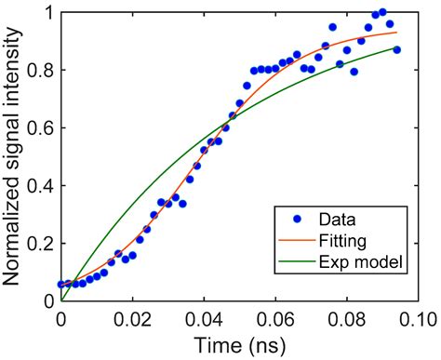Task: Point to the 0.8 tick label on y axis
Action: click(41, 71)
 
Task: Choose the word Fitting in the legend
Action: click(345, 242)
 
